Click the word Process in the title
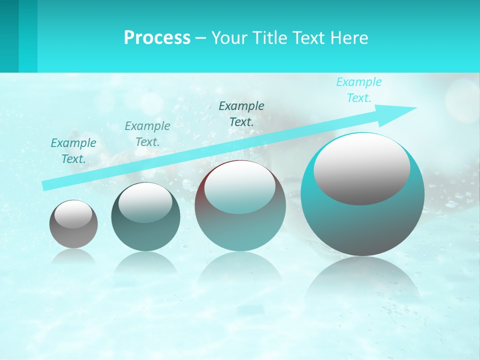pyautogui.click(x=157, y=37)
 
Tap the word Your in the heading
pyautogui.click(x=229, y=37)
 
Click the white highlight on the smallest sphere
pyautogui.click(x=73, y=214)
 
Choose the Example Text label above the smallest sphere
pyautogui.click(x=73, y=151)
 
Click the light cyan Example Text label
pyautogui.click(x=359, y=90)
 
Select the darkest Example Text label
pyautogui.click(x=241, y=113)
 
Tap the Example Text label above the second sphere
pyautogui.click(x=147, y=134)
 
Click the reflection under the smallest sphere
pyautogui.click(x=73, y=256)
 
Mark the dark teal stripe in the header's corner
pyautogui.click(x=9, y=36)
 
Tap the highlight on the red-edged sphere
pyautogui.click(x=240, y=186)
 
